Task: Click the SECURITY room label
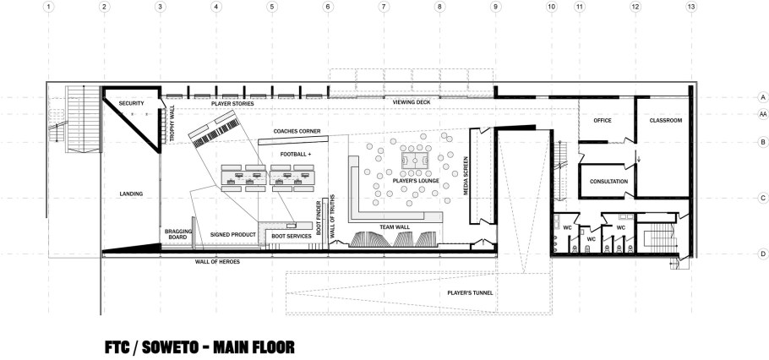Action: coord(131,103)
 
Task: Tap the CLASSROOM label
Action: coord(666,120)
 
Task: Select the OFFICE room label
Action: coord(603,120)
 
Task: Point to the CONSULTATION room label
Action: coord(608,182)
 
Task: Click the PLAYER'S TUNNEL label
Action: coord(470,292)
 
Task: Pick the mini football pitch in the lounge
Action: coord(415,161)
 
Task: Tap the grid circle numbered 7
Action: coord(384,7)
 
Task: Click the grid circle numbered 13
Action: coord(691,7)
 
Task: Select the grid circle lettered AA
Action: coord(762,114)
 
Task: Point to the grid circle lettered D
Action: coord(762,254)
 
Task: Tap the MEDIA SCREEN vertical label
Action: coord(466,176)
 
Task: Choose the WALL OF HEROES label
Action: coord(217,262)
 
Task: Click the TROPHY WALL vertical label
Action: coord(172,123)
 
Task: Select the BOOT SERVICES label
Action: coord(292,236)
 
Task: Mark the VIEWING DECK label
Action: coord(412,102)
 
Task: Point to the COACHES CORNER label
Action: coord(297,131)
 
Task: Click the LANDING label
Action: coord(131,194)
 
